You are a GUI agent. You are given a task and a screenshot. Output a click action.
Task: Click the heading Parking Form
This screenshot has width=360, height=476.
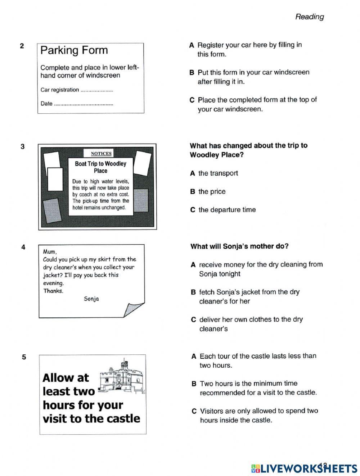(74, 50)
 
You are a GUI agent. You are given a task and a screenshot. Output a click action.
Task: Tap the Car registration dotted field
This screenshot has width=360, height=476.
(96, 91)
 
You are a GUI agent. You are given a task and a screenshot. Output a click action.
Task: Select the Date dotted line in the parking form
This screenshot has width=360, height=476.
(84, 104)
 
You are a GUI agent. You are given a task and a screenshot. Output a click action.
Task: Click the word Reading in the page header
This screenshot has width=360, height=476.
(309, 17)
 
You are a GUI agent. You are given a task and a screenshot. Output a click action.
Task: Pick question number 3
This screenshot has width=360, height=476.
(23, 146)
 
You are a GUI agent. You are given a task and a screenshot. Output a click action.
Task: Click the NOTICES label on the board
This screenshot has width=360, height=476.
(101, 154)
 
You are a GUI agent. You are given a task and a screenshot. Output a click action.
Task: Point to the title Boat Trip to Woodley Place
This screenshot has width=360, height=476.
(100, 167)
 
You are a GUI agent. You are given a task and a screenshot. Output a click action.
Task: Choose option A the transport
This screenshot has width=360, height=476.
(214, 173)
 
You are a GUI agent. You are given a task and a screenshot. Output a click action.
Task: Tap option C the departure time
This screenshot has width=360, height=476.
(223, 210)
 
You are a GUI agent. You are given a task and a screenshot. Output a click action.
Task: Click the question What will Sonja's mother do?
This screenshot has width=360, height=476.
(239, 246)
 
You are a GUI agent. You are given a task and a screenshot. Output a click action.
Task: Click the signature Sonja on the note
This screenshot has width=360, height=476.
(91, 299)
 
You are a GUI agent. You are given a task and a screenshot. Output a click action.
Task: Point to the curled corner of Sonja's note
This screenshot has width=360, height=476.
(134, 309)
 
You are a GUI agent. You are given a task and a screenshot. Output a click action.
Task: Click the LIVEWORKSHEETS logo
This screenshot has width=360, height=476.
(304, 468)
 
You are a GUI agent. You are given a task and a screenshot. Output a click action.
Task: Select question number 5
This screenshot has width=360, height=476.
(24, 357)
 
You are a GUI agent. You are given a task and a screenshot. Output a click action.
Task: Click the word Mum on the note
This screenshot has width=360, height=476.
(50, 252)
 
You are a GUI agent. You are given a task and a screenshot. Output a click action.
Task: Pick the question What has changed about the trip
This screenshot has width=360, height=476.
(248, 150)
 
